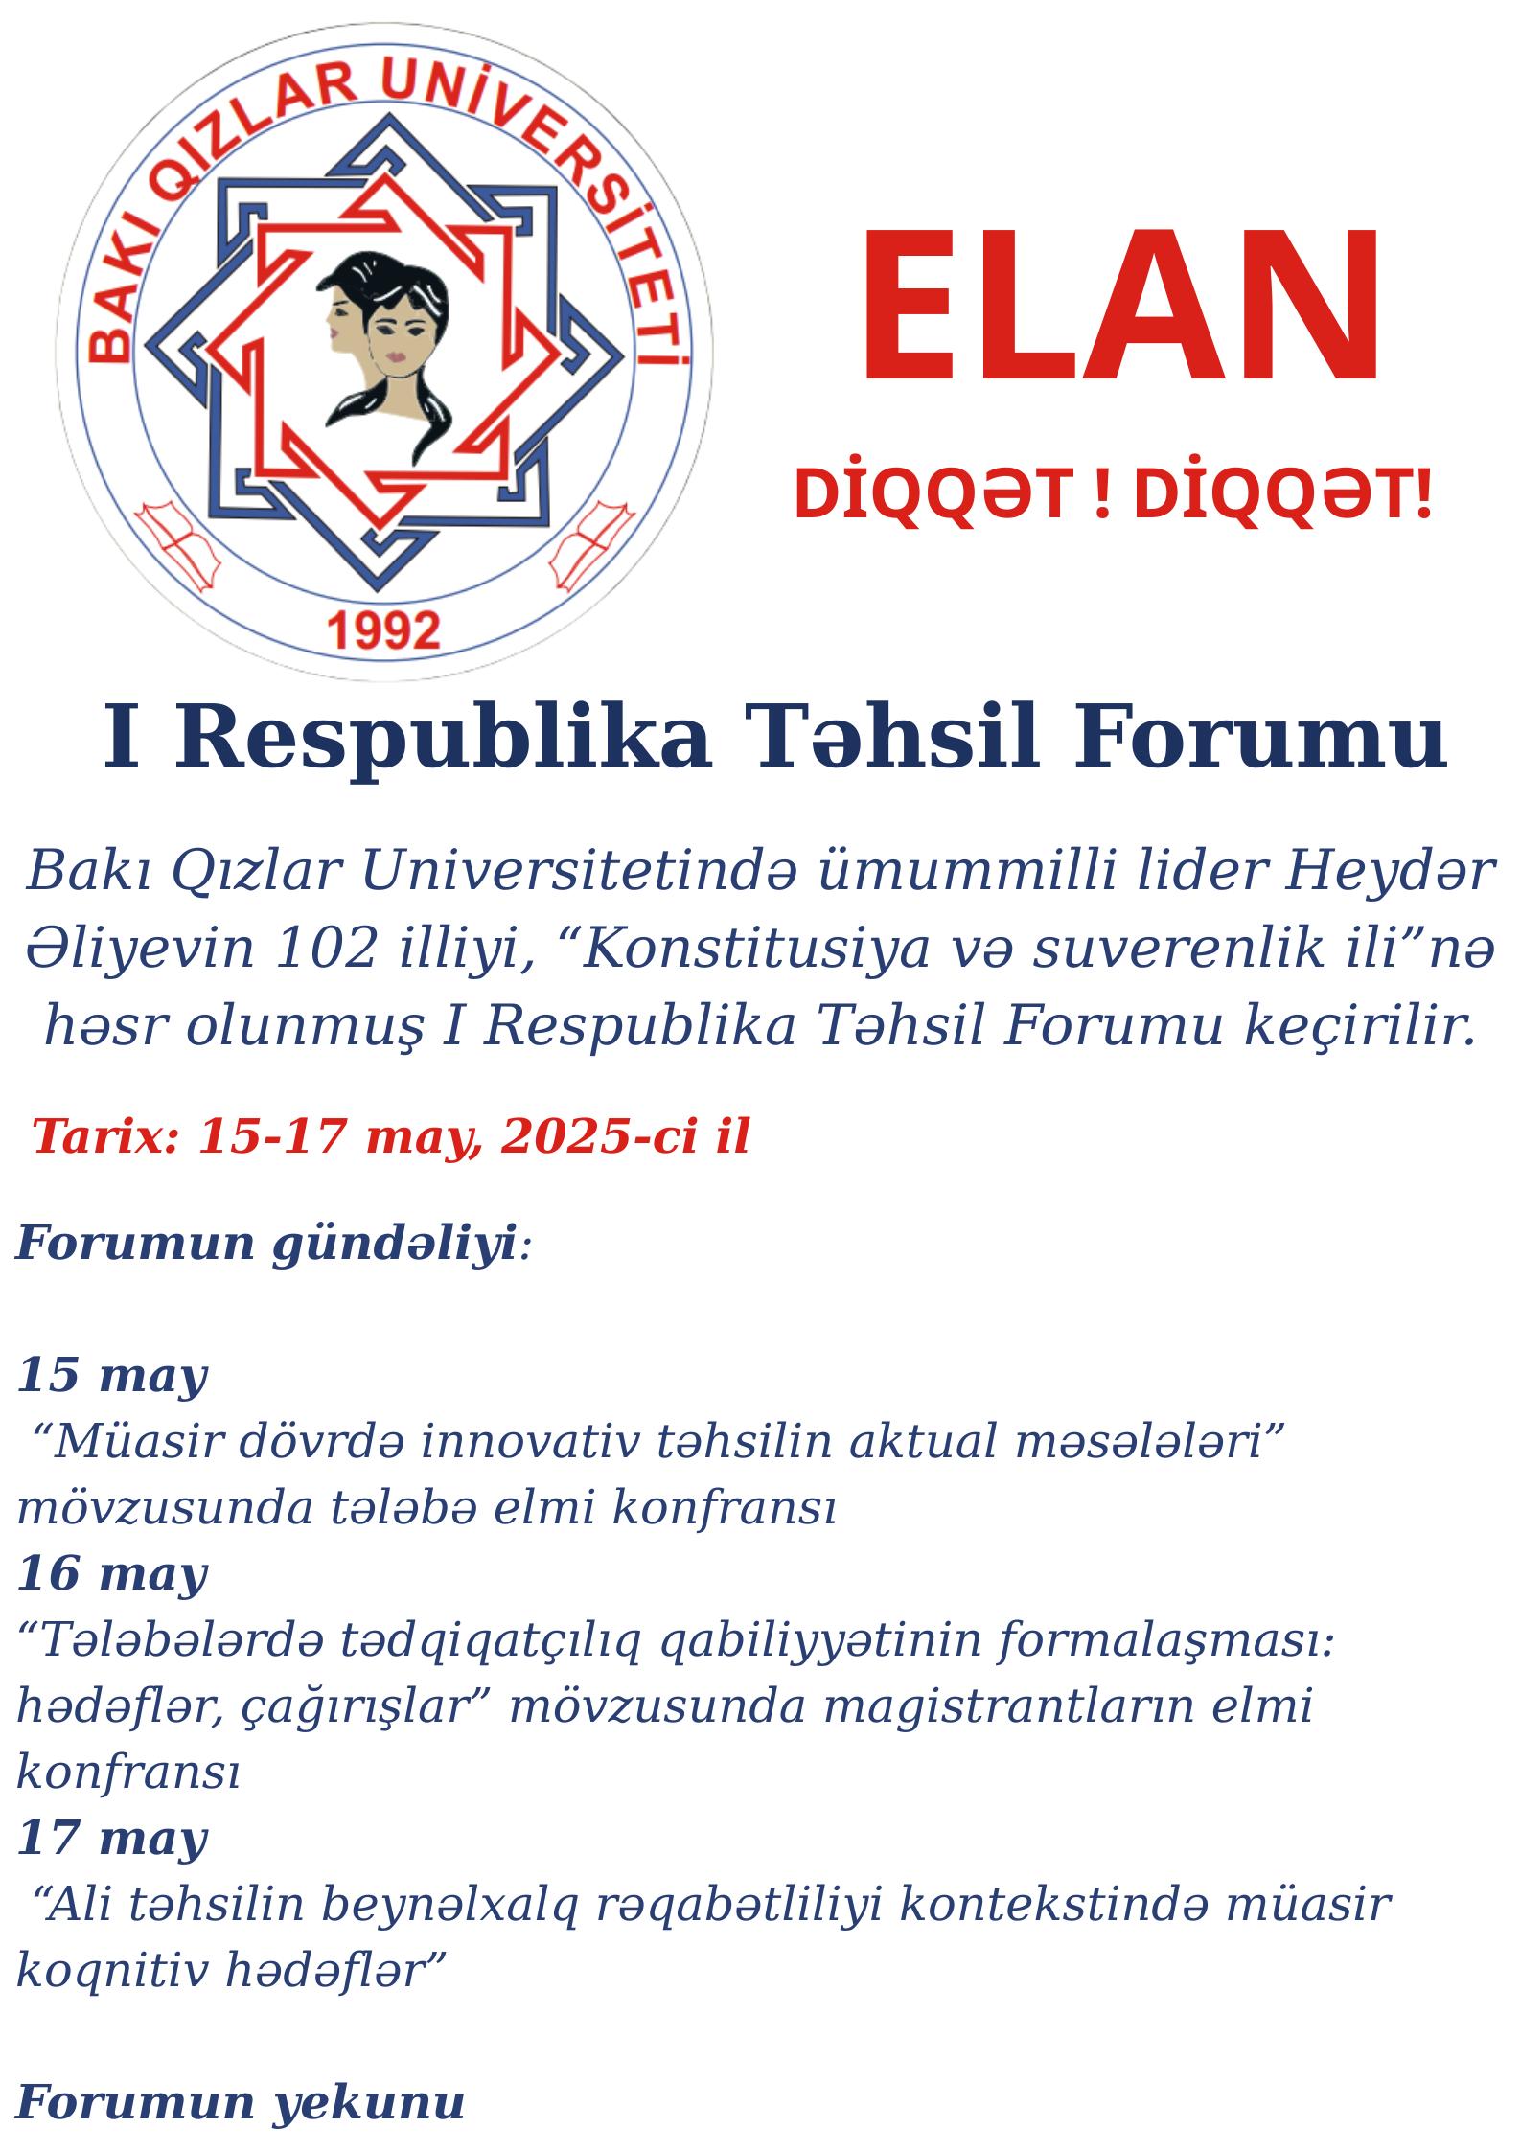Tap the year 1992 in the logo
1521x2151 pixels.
point(384,631)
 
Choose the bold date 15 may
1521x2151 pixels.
point(112,1377)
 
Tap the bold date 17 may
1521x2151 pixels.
point(112,1837)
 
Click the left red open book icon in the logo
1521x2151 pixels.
point(177,544)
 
